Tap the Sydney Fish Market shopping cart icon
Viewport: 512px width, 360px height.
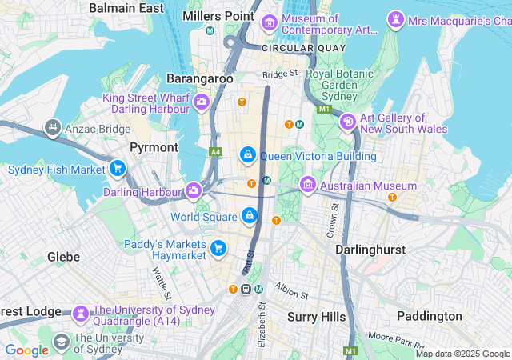click(118, 169)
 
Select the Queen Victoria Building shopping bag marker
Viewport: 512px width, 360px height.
click(248, 154)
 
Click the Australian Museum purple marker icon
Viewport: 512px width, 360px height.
click(307, 186)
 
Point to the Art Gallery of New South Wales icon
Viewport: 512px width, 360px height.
click(348, 122)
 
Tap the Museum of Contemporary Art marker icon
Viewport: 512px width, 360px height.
click(268, 25)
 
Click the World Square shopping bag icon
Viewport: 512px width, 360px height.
click(250, 216)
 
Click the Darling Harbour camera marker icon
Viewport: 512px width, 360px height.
click(193, 190)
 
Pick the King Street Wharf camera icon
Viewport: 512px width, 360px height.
click(201, 102)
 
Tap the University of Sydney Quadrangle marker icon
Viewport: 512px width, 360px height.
click(80, 313)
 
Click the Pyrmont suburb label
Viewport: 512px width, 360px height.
click(154, 148)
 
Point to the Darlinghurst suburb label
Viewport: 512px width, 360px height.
click(370, 249)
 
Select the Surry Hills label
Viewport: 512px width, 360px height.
click(316, 317)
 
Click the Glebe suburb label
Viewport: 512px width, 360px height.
click(63, 257)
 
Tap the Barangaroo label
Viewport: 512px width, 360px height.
click(200, 78)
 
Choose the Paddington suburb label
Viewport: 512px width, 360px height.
click(430, 316)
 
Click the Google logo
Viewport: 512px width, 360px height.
click(26, 350)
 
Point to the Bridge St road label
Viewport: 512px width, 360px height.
click(280, 74)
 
